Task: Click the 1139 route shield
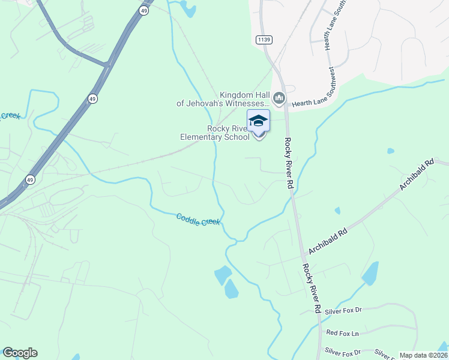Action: pos(263,40)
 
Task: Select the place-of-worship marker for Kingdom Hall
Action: pos(279,98)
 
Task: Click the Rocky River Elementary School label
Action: pos(215,133)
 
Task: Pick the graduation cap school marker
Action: pos(258,121)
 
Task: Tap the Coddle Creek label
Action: pos(199,220)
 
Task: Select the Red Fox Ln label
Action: pos(342,332)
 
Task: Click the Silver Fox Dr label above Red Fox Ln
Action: pos(343,310)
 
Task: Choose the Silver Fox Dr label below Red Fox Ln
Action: pos(342,352)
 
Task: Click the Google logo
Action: pos(20,353)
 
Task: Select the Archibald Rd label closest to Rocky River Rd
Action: pos(328,239)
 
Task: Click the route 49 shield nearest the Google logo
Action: pos(30,179)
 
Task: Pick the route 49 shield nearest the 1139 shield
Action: pos(144,11)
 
